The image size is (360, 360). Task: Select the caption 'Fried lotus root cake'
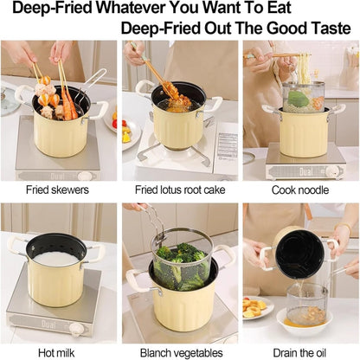(179, 189)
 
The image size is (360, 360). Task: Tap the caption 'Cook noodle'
(300, 189)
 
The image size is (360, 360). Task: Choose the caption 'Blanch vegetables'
(179, 352)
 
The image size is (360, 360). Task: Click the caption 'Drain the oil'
(300, 352)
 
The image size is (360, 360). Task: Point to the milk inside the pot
(57, 257)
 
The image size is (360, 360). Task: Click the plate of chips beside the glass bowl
(256, 307)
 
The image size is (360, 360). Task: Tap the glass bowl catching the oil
(306, 307)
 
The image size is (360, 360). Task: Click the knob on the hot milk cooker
(76, 330)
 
